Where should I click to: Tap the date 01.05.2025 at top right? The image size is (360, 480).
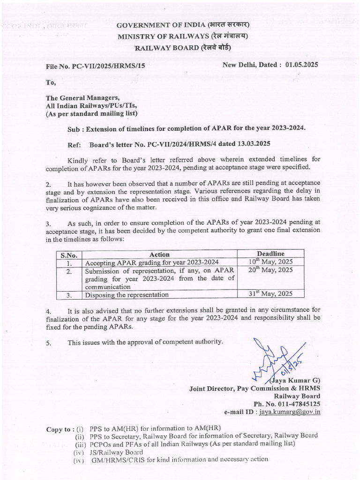coord(301,65)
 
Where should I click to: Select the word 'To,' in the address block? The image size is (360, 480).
coord(51,83)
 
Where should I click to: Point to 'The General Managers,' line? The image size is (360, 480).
coord(82,98)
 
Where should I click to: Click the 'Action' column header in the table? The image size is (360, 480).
coord(159,255)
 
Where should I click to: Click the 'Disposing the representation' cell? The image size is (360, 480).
coord(126,295)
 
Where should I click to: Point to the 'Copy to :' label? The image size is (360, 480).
coord(60,429)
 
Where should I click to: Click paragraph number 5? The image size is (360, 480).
coord(48,343)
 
